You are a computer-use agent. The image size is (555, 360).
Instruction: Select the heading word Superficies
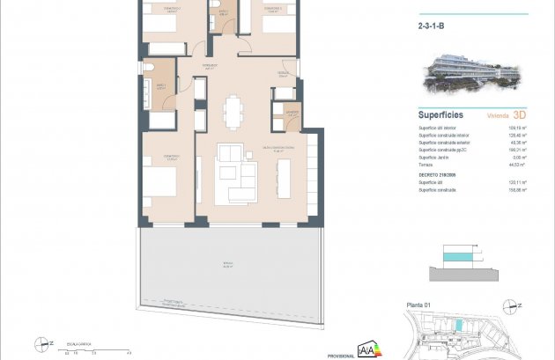point(440,114)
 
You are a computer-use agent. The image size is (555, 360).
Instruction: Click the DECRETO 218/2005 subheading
point(436,174)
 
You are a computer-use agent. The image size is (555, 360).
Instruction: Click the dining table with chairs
point(233,111)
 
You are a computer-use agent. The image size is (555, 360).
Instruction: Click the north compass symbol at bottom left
point(41,342)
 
